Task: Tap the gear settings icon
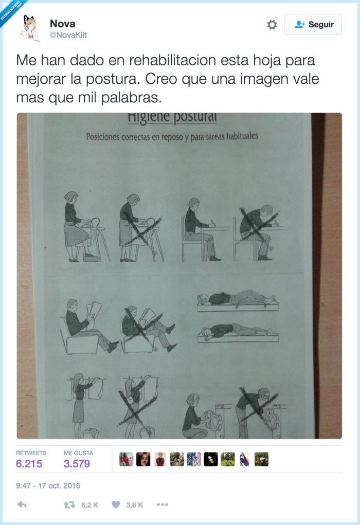click(272, 25)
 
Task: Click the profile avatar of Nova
click(30, 28)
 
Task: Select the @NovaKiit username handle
click(68, 34)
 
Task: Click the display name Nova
click(62, 24)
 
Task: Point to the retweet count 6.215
click(29, 463)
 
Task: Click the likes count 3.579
click(77, 463)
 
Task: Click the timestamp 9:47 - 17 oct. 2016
click(48, 485)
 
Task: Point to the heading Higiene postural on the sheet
click(172, 118)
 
